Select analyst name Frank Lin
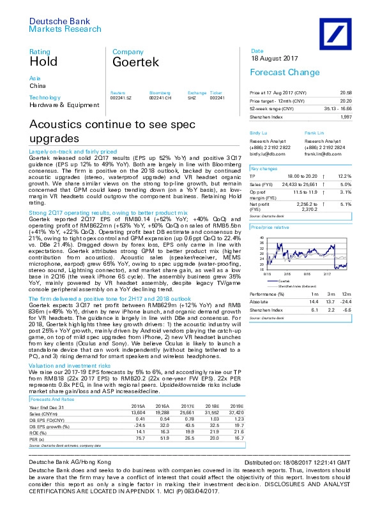click(x=314, y=132)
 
